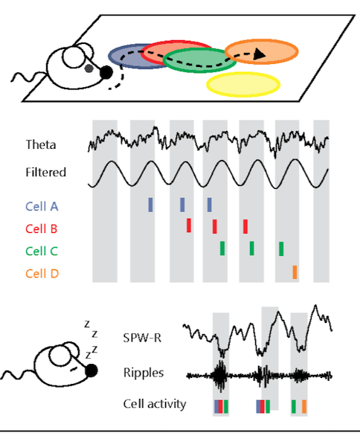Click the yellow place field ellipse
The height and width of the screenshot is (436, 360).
[243, 85]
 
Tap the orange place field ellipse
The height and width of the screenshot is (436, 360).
[261, 52]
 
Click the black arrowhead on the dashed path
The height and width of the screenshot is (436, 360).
[260, 54]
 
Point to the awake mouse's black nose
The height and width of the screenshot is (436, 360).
[106, 72]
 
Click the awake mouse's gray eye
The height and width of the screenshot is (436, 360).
[89, 68]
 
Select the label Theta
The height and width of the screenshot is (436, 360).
[41, 144]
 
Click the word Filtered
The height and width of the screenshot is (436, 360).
[46, 172]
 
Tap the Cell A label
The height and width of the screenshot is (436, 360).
[42, 206]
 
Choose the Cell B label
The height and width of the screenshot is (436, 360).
[42, 229]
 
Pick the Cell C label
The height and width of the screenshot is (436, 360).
[42, 251]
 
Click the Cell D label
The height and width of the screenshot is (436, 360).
[42, 274]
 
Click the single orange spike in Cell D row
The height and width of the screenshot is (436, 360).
[295, 272]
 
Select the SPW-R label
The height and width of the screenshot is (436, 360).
[142, 338]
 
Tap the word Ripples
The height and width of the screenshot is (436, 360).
[144, 373]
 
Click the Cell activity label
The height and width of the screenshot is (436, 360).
[155, 404]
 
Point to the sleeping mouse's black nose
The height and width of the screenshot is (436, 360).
[91, 371]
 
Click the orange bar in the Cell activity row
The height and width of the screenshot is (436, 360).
[304, 406]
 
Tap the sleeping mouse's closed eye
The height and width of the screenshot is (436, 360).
[74, 369]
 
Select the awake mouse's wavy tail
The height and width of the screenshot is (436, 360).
[28, 77]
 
